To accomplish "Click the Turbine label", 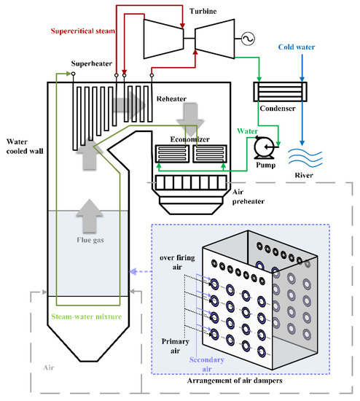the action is coord(203,11).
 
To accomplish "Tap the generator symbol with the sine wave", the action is coord(248,39).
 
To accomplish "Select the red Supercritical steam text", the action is coord(83,31).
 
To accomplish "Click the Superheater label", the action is coord(92,63).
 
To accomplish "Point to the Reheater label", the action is coord(171,98).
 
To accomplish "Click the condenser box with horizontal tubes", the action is coord(280,92).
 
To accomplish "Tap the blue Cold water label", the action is coord(297,47).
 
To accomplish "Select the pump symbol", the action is coord(265,147).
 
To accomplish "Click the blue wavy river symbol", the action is coord(305,157).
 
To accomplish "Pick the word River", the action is coord(304,175).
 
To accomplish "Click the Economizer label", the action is coord(189,139).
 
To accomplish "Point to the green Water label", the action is coord(247,131).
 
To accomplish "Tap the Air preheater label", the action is coord(248,197).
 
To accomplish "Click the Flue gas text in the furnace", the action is coord(90,240).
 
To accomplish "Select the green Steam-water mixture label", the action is coord(87,316).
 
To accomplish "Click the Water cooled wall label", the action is coord(25,147).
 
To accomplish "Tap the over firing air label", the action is coord(177,262).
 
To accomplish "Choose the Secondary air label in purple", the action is coord(206,365).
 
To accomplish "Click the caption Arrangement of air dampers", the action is coord(235,381).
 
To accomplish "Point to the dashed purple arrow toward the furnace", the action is coord(141,272).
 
